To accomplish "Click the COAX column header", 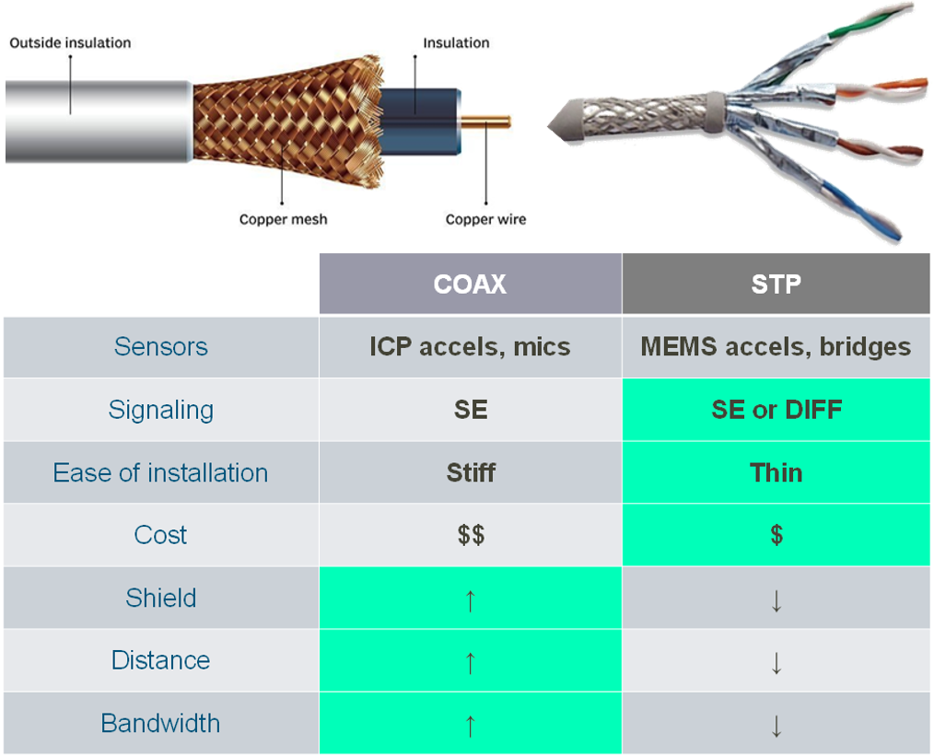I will [x=470, y=284].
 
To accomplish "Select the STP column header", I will [x=776, y=284].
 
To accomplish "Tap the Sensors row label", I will [x=160, y=346].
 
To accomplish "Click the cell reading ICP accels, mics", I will [x=470, y=346].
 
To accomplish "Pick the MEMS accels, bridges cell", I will [x=776, y=346].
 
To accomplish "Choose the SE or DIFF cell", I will [x=776, y=410].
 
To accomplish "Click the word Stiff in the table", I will [x=471, y=472].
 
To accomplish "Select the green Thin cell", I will [x=776, y=472].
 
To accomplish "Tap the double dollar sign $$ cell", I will [x=471, y=535].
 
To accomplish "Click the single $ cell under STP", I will [x=776, y=535].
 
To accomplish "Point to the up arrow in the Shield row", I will [x=470, y=599].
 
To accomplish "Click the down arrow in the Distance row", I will [x=776, y=662].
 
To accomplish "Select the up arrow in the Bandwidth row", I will [x=470, y=725].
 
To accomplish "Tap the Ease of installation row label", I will [x=160, y=472].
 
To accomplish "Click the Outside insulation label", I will [x=70, y=42].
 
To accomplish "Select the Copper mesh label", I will [x=283, y=219].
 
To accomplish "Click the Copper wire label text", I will [x=485, y=219].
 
